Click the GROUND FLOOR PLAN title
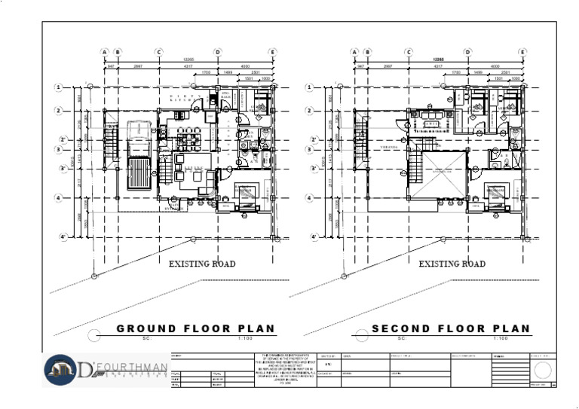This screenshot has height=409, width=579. click(x=195, y=329)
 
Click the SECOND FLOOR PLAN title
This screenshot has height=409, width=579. click(x=451, y=329)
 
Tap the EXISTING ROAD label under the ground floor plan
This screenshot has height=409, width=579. click(x=201, y=264)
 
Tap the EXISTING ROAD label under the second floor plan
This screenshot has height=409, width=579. click(x=452, y=264)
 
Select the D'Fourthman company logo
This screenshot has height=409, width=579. click(x=105, y=370)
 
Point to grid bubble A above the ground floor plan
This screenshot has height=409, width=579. click(x=104, y=52)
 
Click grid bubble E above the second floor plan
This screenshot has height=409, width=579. click(x=522, y=52)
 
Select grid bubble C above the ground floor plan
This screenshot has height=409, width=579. click(x=160, y=52)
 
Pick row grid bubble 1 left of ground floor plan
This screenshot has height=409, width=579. click(x=58, y=87)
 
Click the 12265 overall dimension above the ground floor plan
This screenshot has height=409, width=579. click(x=191, y=60)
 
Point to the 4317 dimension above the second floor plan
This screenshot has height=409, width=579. click(x=437, y=67)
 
